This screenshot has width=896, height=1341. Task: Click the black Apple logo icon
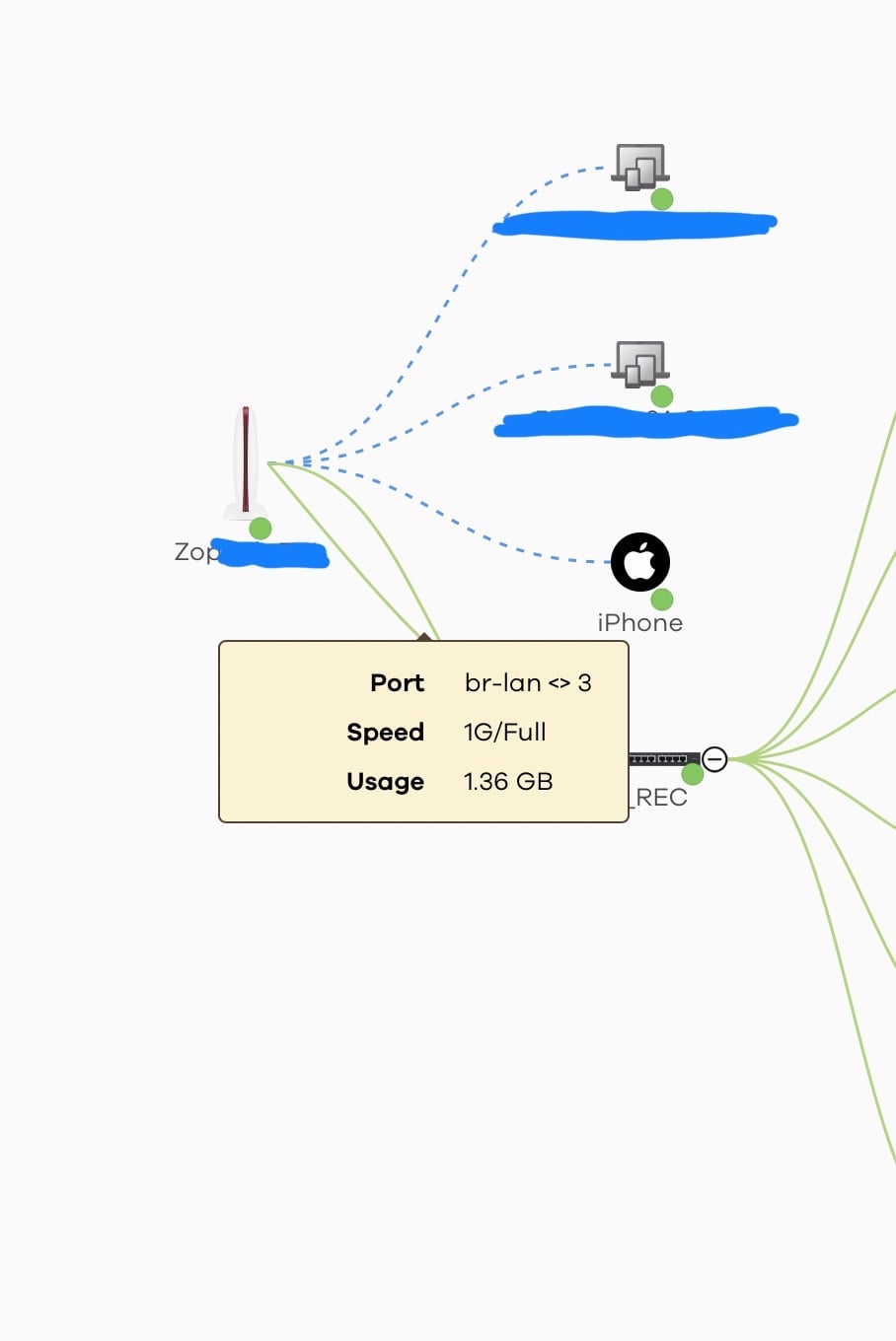click(x=640, y=561)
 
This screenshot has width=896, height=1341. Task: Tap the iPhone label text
click(x=639, y=623)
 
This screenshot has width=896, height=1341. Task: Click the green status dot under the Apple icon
click(x=662, y=599)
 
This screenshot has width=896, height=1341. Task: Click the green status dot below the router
click(x=261, y=529)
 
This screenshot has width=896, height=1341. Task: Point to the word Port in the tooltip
click(x=397, y=683)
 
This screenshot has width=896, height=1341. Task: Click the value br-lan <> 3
click(x=528, y=683)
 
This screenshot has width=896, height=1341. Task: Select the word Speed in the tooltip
click(x=385, y=733)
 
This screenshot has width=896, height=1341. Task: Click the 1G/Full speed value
click(x=504, y=733)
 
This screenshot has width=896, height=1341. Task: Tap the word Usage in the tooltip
click(x=385, y=782)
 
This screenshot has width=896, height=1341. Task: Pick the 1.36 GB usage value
click(x=508, y=782)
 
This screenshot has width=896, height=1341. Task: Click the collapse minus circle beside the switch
click(x=714, y=759)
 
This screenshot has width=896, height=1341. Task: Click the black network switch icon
click(x=662, y=758)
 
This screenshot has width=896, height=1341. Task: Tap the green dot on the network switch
click(x=693, y=774)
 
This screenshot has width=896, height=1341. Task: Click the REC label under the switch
click(x=659, y=798)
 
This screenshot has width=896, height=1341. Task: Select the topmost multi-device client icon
click(x=639, y=166)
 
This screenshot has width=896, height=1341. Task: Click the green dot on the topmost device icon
click(x=662, y=199)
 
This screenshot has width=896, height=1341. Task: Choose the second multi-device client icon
click(x=639, y=363)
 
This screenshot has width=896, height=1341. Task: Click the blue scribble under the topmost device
click(x=635, y=225)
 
